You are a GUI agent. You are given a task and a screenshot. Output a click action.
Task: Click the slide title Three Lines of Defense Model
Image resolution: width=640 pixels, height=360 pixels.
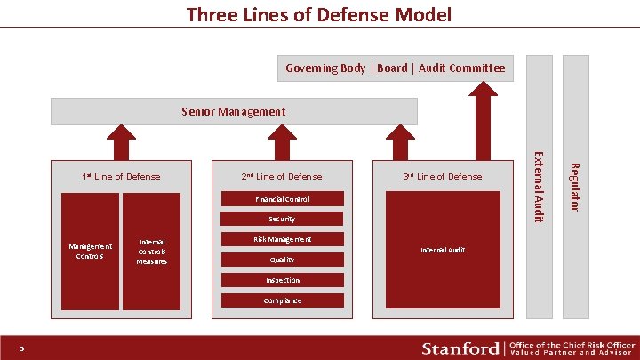point(319,14)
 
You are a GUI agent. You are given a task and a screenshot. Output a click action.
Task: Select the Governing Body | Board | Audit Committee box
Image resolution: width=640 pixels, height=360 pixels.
point(395,68)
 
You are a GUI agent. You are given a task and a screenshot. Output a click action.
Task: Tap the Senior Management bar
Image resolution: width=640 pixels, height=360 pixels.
point(234,111)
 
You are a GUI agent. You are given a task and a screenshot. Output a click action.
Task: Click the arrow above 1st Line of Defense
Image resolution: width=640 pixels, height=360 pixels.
point(116,142)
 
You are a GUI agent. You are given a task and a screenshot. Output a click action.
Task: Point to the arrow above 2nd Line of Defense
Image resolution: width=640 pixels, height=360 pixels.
point(282,142)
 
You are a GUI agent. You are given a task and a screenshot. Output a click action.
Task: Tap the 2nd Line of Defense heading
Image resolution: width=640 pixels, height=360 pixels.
point(282,176)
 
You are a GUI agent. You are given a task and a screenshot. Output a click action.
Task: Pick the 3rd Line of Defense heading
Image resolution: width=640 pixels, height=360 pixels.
point(443,176)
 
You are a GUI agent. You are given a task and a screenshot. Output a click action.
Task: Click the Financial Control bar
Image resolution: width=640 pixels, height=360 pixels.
point(282,198)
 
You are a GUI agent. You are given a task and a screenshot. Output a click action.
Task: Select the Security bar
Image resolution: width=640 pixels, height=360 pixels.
point(282,219)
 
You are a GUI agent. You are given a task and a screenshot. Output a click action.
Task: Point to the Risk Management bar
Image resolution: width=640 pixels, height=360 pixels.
point(282,239)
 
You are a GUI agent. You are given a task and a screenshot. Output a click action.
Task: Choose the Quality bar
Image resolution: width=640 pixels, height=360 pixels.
point(282,260)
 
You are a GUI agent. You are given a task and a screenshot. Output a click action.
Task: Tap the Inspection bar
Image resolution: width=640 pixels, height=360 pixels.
point(282,280)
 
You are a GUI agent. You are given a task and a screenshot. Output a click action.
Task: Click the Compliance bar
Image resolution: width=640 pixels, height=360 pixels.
point(282,300)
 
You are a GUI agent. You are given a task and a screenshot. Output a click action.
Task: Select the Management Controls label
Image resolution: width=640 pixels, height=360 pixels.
point(90,251)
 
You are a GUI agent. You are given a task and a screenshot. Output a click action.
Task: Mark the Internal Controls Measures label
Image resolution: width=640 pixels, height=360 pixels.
point(151,251)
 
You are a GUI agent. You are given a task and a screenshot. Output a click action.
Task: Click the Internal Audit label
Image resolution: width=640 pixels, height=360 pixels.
point(443,251)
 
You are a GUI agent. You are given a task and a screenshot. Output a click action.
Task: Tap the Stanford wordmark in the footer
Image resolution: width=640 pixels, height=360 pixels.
point(460,347)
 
